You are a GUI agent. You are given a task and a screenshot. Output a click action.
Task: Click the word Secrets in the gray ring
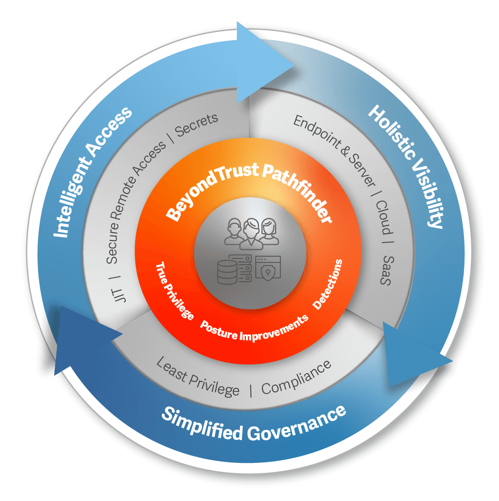coord(197,125)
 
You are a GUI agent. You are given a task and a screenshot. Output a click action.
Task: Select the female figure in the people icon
coord(269,232)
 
